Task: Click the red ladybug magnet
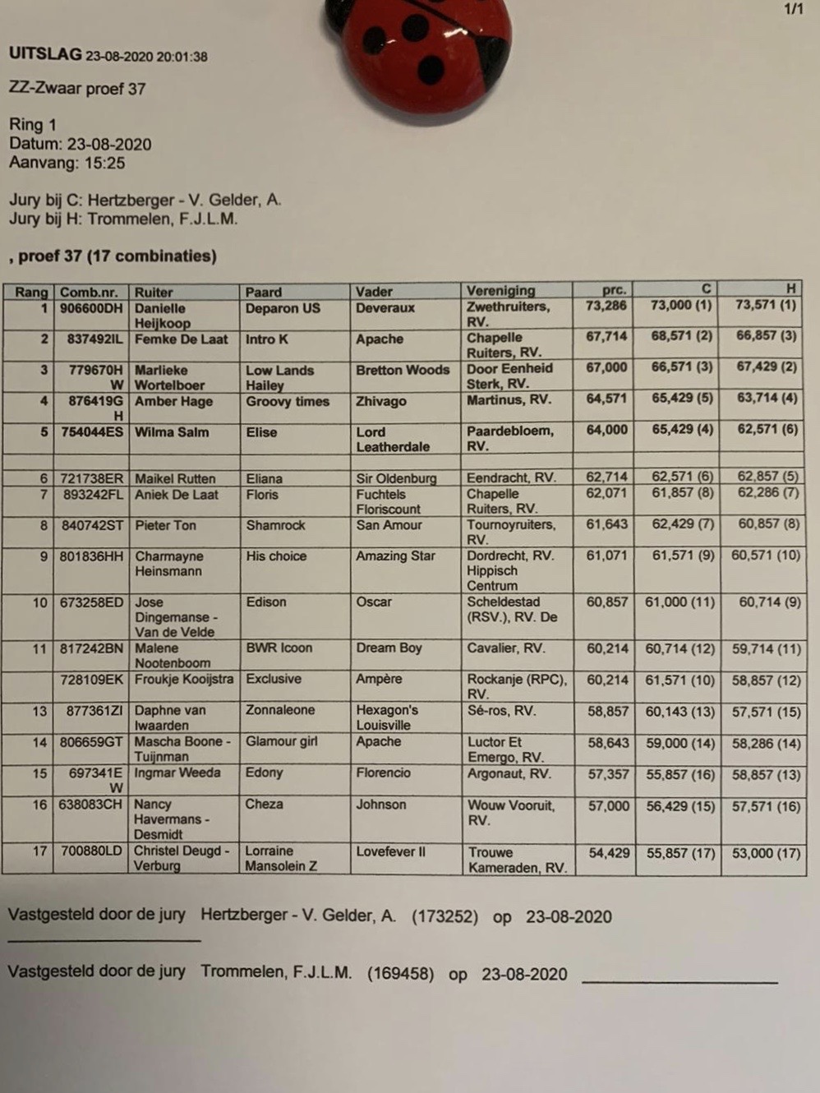pyautogui.click(x=419, y=51)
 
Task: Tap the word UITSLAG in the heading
pyautogui.click(x=46, y=55)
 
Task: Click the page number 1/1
pyautogui.click(x=793, y=10)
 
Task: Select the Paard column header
pyautogui.click(x=264, y=292)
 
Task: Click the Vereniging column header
pyautogui.click(x=500, y=291)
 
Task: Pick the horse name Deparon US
pyautogui.click(x=283, y=308)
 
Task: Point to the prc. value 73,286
pyautogui.click(x=606, y=306)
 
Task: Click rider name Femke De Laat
pyautogui.click(x=181, y=339)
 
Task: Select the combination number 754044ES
pyautogui.click(x=92, y=432)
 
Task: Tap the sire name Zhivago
pyautogui.click(x=381, y=401)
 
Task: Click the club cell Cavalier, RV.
pyautogui.click(x=506, y=648)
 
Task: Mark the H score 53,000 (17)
pyautogui.click(x=766, y=853)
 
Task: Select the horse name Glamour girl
pyautogui.click(x=281, y=741)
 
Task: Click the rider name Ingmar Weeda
pyautogui.click(x=177, y=773)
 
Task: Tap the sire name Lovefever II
pyautogui.click(x=391, y=851)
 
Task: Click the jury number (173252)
pyautogui.click(x=445, y=917)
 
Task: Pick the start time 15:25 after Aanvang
pyautogui.click(x=104, y=163)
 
